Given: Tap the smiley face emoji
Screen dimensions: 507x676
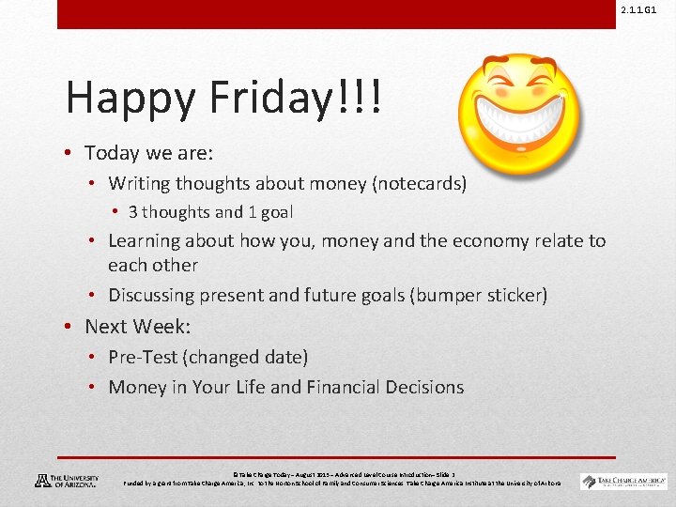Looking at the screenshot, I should [x=518, y=112].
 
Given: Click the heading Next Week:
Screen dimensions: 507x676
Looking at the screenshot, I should [x=138, y=327].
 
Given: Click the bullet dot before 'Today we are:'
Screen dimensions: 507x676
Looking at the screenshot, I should [x=70, y=153].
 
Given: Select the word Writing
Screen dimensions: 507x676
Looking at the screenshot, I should [x=139, y=184].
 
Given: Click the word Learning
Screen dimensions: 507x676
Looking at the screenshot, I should [x=146, y=241].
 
